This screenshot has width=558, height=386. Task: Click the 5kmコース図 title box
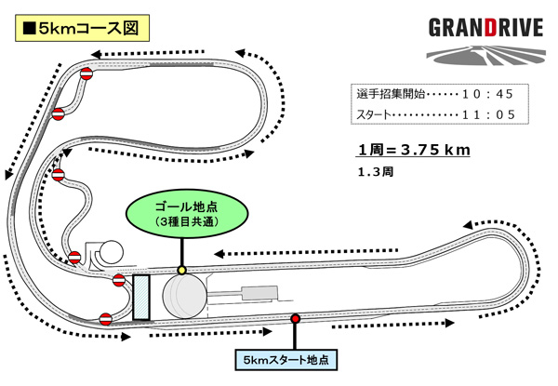(x=80, y=27)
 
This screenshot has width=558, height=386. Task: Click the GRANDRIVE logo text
(x=485, y=27)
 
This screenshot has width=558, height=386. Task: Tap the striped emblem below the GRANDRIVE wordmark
(x=485, y=55)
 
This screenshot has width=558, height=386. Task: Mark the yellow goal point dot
(x=181, y=270)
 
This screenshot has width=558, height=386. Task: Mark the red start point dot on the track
(x=296, y=319)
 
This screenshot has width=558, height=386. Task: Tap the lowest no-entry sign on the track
(x=106, y=318)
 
